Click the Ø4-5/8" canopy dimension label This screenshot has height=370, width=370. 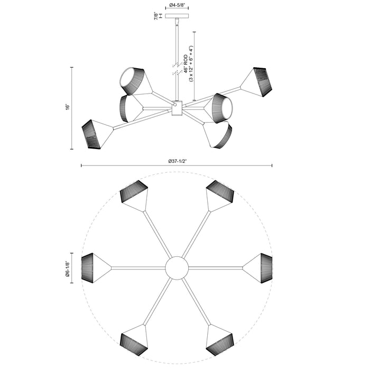tap(177, 6)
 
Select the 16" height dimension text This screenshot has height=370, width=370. tap(68, 107)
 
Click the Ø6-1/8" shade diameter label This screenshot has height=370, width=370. tap(68, 268)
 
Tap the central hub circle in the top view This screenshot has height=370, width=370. tap(176, 268)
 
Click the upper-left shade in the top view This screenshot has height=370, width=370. tap(134, 195)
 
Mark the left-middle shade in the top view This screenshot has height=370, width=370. tap(95, 267)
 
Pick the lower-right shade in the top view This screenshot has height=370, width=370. tap(219, 340)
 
